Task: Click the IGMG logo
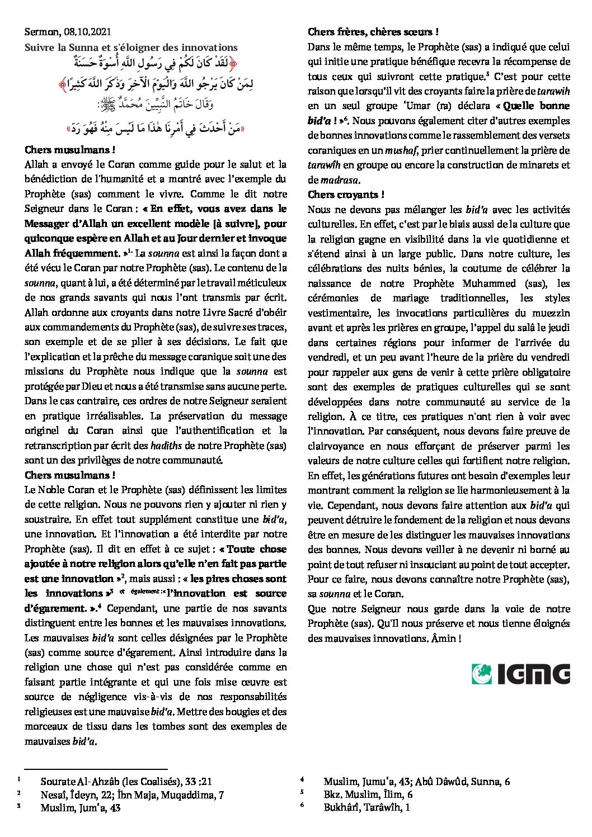[520, 674]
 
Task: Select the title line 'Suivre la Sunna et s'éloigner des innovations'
[131, 48]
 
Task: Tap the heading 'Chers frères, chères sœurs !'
[373, 32]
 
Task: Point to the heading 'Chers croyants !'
[346, 195]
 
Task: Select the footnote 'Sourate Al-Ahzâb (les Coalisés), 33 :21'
[126, 781]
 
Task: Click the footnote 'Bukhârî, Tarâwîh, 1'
[367, 807]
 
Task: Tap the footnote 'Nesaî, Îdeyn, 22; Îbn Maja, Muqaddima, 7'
[132, 795]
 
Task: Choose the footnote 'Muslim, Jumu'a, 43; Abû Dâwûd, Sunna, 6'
[416, 781]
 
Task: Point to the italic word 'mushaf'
[401, 150]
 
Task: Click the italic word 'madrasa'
[340, 180]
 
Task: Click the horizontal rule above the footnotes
[96, 769]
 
